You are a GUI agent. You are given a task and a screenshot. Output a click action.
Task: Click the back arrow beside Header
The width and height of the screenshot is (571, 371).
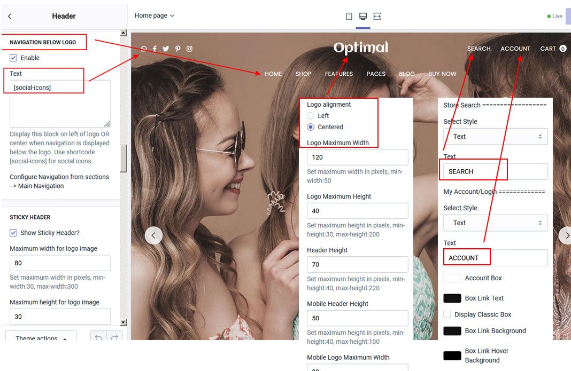pos(10,16)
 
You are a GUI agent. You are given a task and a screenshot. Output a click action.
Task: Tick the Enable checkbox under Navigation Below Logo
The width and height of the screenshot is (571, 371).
pos(13,58)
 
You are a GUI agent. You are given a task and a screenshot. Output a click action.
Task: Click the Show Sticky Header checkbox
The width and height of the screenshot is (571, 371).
pos(13,233)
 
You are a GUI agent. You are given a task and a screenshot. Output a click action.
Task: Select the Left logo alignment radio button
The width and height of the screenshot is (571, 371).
pos(311,116)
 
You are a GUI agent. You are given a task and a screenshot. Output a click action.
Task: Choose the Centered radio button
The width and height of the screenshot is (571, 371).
pos(311,127)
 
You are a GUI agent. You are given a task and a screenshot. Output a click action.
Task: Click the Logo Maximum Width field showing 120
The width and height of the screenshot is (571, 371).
pos(357,157)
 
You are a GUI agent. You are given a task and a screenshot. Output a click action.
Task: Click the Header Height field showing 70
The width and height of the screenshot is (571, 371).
pos(357,264)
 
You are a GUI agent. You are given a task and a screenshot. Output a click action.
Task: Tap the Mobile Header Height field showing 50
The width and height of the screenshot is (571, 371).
pos(357,318)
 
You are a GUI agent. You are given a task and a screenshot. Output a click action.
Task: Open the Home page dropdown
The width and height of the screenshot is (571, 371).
pos(155,15)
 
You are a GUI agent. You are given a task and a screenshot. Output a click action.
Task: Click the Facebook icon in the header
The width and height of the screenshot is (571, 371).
pos(155,49)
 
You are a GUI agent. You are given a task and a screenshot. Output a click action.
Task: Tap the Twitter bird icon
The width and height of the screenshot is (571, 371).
pos(166,49)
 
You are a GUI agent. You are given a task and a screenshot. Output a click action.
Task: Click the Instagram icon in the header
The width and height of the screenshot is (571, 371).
pos(189,49)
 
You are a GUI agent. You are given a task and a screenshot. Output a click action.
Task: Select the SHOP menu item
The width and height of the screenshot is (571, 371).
pos(303,74)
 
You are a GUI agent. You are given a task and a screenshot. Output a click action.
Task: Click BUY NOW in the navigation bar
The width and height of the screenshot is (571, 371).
pos(442,74)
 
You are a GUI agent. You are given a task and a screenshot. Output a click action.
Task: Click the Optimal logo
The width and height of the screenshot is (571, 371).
pos(361,48)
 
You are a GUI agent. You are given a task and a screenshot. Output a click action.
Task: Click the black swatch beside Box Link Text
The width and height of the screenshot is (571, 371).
pos(452,298)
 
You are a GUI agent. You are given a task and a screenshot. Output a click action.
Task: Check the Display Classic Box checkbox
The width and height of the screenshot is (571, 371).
pos(447,314)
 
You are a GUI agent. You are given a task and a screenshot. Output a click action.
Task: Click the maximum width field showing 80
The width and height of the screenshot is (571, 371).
pos(60,263)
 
